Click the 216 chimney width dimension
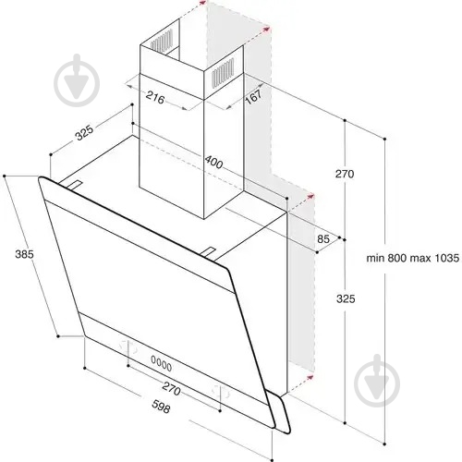click(x=155, y=98)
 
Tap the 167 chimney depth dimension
click(x=253, y=96)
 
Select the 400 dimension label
click(x=213, y=162)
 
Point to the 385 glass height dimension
click(x=24, y=254)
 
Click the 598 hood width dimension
click(x=161, y=407)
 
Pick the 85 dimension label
click(x=323, y=239)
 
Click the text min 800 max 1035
click(x=413, y=258)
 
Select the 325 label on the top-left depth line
click(x=85, y=132)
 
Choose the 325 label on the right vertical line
click(x=346, y=298)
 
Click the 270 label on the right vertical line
click(x=345, y=174)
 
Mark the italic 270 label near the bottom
click(x=171, y=388)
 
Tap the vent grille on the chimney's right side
click(x=223, y=72)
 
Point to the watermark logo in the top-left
click(x=77, y=80)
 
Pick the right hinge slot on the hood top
click(x=209, y=252)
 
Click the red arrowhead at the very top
click(x=202, y=3)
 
